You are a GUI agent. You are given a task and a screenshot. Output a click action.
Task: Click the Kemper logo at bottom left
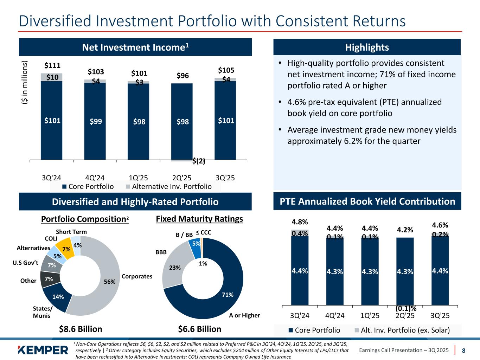pos(43,350)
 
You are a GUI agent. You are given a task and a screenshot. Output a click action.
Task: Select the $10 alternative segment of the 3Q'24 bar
pos(52,77)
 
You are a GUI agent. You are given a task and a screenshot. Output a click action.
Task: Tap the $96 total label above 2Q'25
pos(183,76)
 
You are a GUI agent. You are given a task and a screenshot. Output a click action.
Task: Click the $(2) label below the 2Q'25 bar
pos(199,161)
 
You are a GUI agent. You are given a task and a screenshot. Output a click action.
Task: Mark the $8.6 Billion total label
pos(80,329)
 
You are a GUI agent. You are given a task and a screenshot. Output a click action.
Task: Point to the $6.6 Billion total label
pos(199,329)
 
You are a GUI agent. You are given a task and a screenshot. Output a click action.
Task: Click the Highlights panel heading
pos(367,47)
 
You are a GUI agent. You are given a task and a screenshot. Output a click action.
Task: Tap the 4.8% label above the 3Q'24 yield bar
pos(300,222)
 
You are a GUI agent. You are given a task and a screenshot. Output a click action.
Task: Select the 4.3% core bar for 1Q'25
pos(370,271)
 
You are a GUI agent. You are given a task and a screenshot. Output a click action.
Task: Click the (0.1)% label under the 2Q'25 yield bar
pos(406,308)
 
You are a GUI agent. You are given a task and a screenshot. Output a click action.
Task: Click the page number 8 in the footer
pos(463,350)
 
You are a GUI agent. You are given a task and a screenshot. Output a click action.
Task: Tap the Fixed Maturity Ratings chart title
pos(199,219)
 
